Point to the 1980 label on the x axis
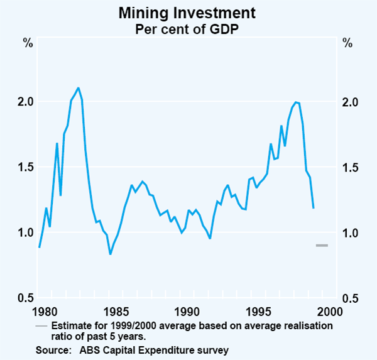point(43,310)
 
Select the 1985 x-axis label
point(114,310)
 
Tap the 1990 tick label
point(186,310)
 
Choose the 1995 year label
point(258,310)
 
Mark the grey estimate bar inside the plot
point(322,245)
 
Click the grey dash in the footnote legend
point(41,326)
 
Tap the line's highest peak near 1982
point(78,88)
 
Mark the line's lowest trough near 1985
point(110,254)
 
